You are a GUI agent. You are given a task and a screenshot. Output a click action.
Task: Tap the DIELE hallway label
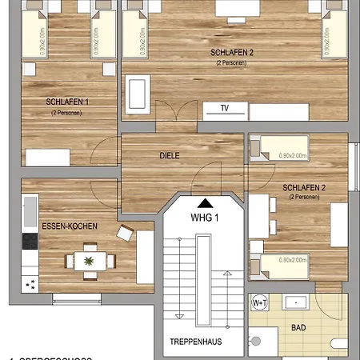coord(170,155)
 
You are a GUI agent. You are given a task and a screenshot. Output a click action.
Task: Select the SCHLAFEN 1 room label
coord(67,102)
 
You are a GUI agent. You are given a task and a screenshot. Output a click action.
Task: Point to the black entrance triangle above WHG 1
coord(206,204)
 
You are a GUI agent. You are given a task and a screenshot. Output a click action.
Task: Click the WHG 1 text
coord(206,218)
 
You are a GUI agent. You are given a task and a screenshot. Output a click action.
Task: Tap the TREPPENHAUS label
coord(194,342)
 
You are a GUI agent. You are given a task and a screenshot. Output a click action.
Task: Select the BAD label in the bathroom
coord(298,328)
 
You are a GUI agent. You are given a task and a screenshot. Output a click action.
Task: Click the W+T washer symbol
coord(260,303)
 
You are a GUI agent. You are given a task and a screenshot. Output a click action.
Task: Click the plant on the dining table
coord(89,259)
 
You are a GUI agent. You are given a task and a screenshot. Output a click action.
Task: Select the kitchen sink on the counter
coord(30,210)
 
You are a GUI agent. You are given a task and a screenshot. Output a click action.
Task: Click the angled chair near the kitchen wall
coord(126,234)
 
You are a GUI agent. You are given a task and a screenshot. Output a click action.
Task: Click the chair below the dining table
coord(89,277)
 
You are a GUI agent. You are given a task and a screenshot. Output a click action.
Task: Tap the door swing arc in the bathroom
coord(328,308)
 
